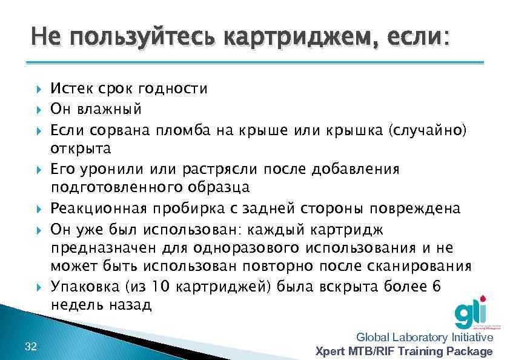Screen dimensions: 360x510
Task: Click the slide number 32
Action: pos(31,346)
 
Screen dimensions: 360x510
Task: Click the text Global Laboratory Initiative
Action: pos(425,338)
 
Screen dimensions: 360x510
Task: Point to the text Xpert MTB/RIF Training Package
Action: pos(405,352)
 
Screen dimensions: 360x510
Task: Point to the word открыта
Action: pos(81,148)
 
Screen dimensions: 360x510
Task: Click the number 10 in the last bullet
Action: pos(159,287)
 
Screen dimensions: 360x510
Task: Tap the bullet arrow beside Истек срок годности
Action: pos(39,90)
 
